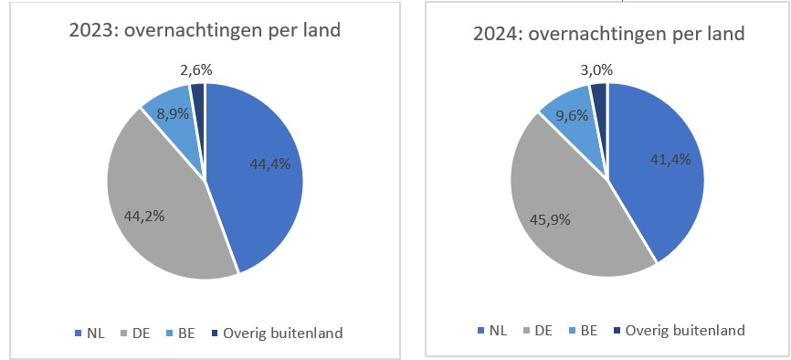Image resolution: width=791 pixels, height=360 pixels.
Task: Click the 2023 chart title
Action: pos(206,31)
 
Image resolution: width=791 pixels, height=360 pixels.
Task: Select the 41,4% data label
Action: pos(670,158)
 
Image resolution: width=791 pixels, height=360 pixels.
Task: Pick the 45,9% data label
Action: pos(551,219)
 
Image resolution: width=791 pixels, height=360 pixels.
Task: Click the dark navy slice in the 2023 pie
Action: pos(198,90)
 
